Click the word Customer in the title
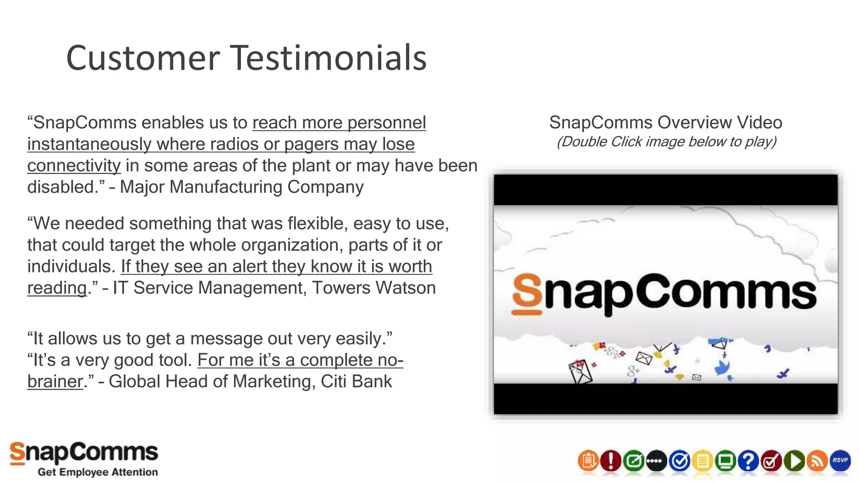click(143, 58)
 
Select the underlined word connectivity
click(74, 166)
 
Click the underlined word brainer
click(55, 382)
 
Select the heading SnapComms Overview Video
click(665, 122)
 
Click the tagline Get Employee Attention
click(98, 472)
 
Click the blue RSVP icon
click(840, 460)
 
